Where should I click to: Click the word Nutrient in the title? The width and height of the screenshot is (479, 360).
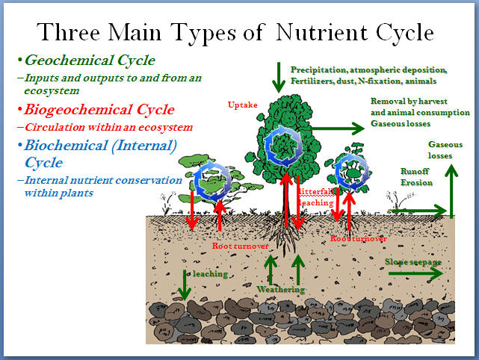tap(321, 32)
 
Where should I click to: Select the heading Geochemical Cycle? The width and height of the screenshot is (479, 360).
tap(90, 60)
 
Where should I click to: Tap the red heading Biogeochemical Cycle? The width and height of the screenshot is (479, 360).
tap(99, 109)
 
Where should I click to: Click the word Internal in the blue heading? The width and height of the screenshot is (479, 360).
tap(144, 146)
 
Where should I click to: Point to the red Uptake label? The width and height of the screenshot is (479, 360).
tap(243, 105)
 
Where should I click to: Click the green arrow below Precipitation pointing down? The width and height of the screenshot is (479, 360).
tap(279, 78)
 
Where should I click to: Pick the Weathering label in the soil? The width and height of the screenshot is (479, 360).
tap(280, 289)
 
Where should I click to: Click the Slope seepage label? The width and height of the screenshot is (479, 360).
tap(413, 262)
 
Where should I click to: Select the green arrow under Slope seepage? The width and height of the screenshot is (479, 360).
tap(415, 273)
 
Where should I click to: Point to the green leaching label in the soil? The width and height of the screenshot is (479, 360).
tap(210, 273)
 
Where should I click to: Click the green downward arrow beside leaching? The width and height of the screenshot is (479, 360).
tap(185, 285)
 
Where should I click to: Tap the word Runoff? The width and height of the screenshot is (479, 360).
tap(415, 171)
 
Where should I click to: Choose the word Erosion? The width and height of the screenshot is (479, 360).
tap(416, 182)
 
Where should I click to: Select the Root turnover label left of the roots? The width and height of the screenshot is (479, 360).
tap(240, 246)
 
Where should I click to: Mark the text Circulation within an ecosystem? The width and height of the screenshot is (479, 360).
tap(109, 127)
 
